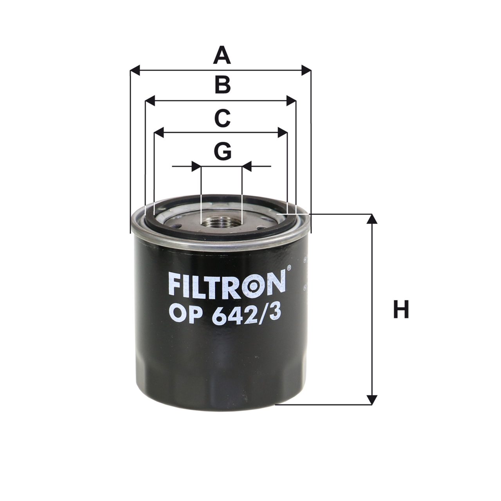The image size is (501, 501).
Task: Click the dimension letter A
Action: [x=222, y=55]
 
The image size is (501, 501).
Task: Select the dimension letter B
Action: [x=223, y=85]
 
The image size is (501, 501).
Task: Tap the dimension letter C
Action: [x=222, y=119]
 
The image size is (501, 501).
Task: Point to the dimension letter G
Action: [x=223, y=151]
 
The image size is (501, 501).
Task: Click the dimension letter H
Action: [x=401, y=310]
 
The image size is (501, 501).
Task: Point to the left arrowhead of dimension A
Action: [x=135, y=70]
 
